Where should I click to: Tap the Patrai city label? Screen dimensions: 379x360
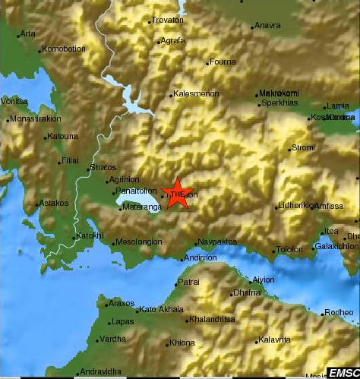tap(189, 282)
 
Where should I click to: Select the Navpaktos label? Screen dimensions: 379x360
tap(213, 242)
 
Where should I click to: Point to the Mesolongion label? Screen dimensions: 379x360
tap(140, 243)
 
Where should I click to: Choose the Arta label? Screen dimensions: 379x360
tap(28, 33)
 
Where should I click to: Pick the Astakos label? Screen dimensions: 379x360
tap(54, 204)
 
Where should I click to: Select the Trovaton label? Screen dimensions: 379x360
tap(168, 20)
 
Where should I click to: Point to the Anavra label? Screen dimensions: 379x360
tap(267, 26)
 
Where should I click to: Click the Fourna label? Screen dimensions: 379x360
tap(222, 62)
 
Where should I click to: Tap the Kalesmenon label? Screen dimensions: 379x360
tap(196, 94)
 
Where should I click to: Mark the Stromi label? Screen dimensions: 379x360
tap(303, 148)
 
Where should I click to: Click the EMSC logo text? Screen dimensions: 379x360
tap(343, 372)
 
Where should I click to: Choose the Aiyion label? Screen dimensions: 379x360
tap(263, 280)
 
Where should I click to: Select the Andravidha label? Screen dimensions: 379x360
tap(101, 371)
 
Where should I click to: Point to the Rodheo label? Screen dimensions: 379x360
tap(339, 312)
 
